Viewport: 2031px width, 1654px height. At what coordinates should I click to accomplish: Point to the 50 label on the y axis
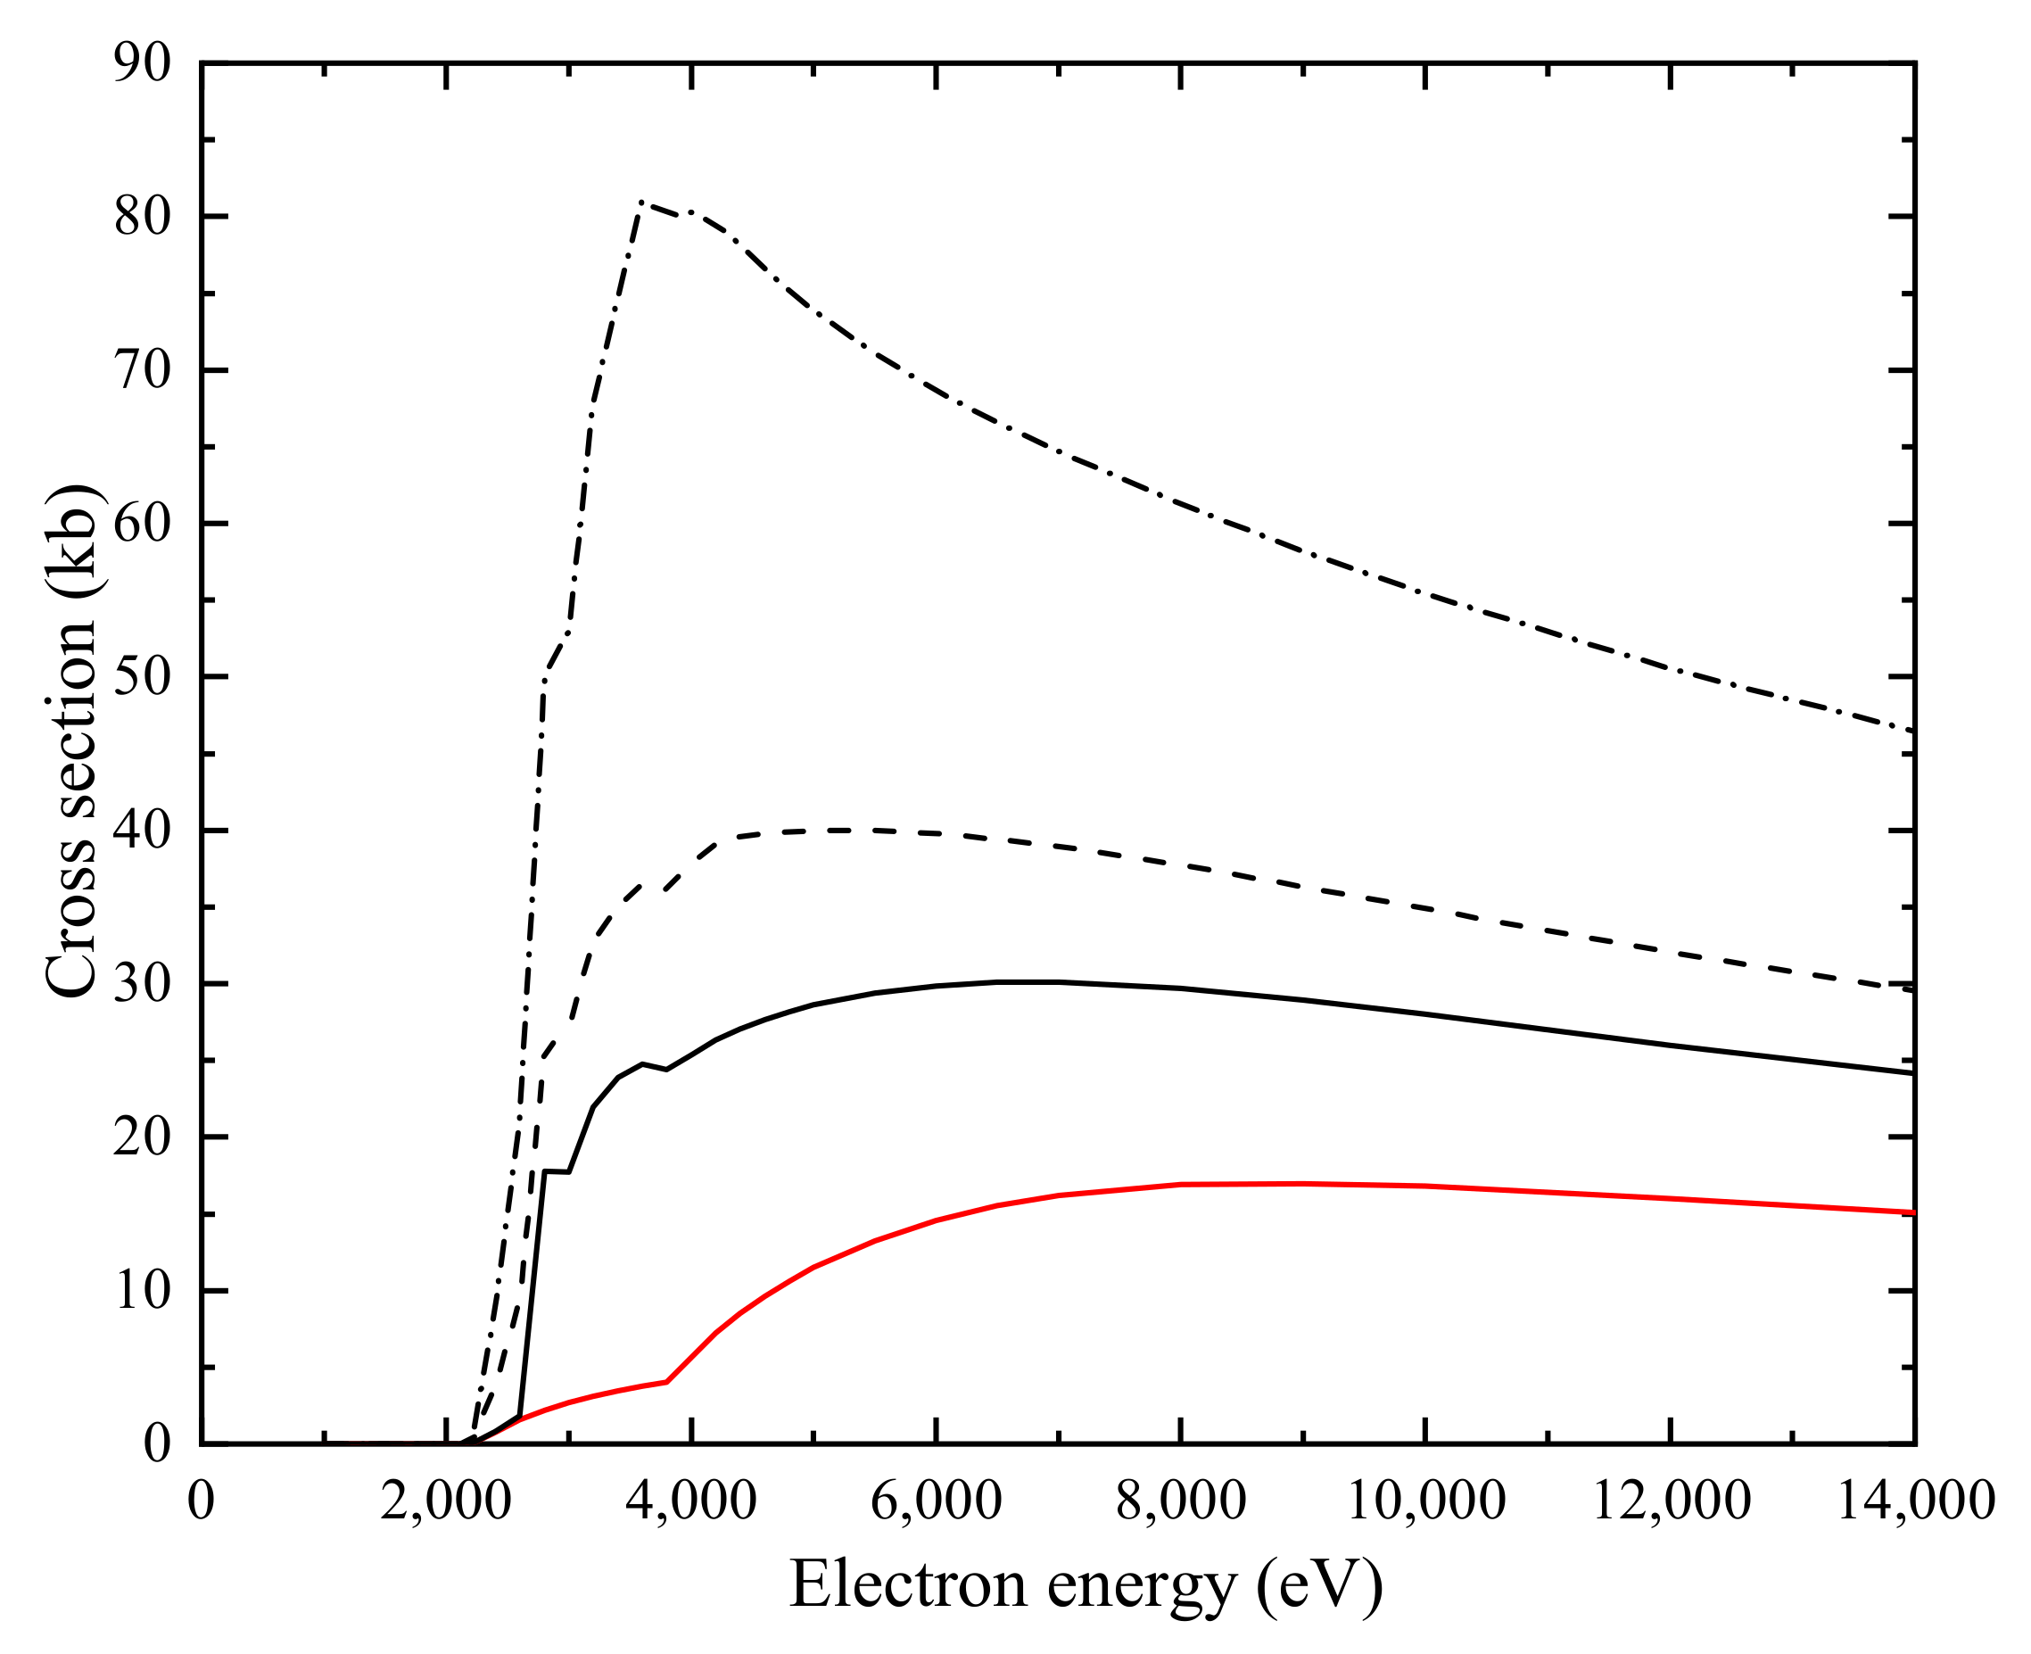[142, 677]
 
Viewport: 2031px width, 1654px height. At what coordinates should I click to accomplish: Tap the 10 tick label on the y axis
[142, 1292]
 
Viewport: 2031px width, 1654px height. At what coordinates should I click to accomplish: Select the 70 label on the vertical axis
[142, 370]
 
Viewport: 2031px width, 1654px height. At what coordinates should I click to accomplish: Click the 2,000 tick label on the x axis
[446, 1501]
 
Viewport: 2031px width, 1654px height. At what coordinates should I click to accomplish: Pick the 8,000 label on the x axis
[1180, 1501]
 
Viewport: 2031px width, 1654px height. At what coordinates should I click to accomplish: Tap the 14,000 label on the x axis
[1915, 1501]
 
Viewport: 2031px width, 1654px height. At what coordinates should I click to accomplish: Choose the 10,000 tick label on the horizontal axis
[1425, 1501]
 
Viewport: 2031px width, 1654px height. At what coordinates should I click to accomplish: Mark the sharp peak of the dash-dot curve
[643, 202]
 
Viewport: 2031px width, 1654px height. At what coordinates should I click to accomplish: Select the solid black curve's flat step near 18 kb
[557, 1171]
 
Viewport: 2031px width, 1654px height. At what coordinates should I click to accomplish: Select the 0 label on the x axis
[201, 1501]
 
